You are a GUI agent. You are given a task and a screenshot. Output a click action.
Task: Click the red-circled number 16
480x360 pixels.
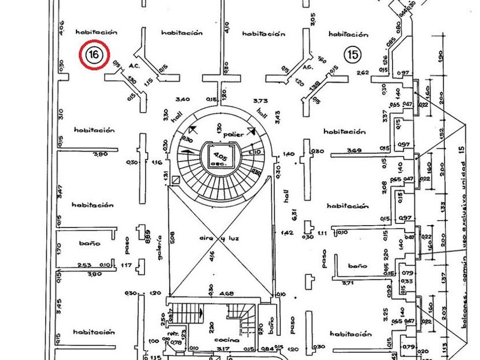coord(94,55)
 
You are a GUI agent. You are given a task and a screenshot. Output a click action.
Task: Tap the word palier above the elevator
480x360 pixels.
coord(234,134)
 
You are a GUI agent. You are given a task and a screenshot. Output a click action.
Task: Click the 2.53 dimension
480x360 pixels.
coord(85,265)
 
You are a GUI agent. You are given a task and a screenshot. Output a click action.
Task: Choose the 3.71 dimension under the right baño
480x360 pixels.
coord(358,283)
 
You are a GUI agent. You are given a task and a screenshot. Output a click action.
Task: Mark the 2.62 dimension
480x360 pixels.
coord(362,73)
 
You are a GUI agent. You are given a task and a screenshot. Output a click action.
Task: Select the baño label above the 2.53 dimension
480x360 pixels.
coord(90,243)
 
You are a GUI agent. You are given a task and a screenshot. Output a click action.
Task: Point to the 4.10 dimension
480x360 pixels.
coord(227,27)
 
